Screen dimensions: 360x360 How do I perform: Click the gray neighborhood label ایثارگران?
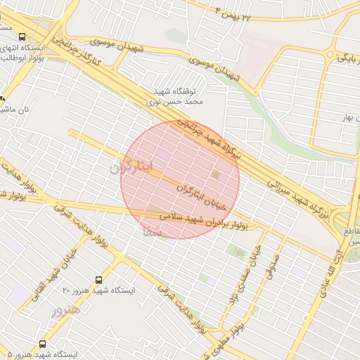[x=130, y=169]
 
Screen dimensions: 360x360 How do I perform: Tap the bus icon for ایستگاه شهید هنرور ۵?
[x=43, y=344]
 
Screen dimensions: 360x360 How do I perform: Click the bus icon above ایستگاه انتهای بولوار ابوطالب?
[x=22, y=37]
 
